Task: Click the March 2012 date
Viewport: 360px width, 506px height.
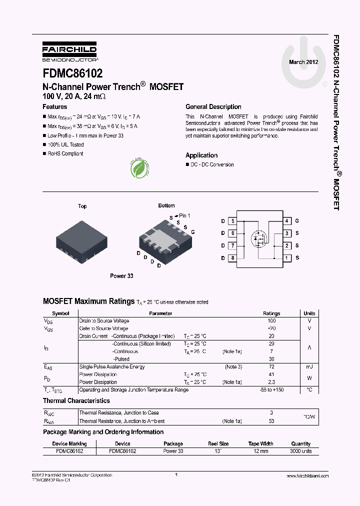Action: [x=303, y=62]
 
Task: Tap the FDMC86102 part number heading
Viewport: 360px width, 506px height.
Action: [x=73, y=74]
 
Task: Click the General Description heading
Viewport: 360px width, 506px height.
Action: [x=213, y=107]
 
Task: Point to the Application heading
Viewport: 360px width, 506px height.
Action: [x=201, y=155]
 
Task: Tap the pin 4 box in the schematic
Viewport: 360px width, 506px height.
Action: [x=287, y=221]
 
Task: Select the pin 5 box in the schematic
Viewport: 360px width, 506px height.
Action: [x=232, y=221]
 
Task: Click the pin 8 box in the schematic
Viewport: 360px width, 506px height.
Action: [x=232, y=258]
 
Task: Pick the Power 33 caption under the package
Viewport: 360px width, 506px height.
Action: [x=121, y=276]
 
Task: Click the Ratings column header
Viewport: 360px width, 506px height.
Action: [x=271, y=313]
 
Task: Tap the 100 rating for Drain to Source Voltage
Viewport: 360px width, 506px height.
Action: [x=271, y=321]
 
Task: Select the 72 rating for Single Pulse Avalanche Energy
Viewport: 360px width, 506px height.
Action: [x=271, y=367]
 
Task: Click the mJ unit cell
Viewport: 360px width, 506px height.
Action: [x=309, y=367]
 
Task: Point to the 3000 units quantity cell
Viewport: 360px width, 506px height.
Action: [x=301, y=451]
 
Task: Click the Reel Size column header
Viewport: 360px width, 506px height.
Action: [x=218, y=443]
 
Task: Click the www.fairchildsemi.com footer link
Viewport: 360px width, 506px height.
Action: [x=308, y=476]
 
